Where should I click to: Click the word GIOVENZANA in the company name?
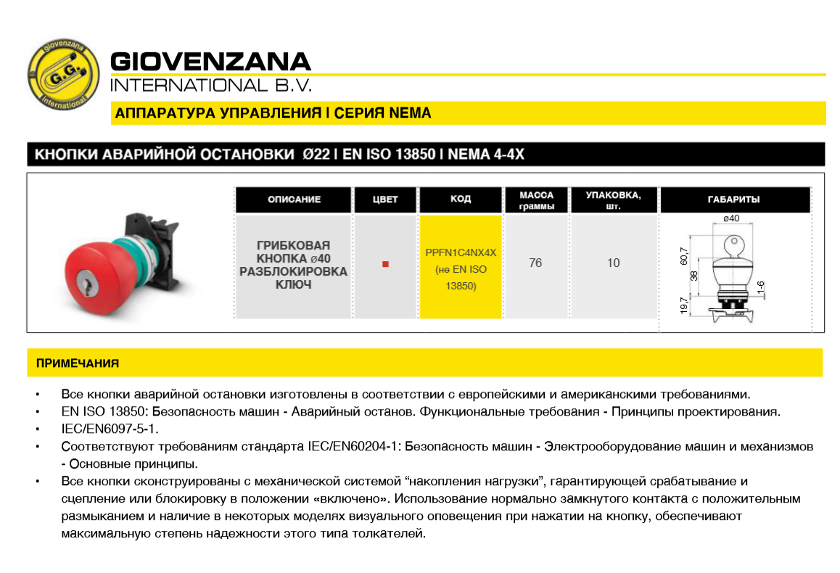(210, 62)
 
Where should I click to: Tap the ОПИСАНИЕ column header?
(294, 199)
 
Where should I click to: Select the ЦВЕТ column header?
(385, 199)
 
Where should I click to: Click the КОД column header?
(461, 199)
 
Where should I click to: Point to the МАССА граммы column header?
(536, 200)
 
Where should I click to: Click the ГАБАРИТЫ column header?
(733, 199)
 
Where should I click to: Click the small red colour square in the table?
(385, 264)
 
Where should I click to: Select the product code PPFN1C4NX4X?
(461, 252)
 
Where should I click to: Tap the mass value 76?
(535, 263)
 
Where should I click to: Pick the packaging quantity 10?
(614, 263)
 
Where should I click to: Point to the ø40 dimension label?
(731, 218)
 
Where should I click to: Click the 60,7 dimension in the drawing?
(684, 256)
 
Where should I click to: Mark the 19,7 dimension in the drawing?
(685, 305)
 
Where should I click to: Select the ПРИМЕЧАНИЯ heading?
(78, 363)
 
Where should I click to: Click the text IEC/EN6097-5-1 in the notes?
(110, 429)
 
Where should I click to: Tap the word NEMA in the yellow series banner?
(410, 113)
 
